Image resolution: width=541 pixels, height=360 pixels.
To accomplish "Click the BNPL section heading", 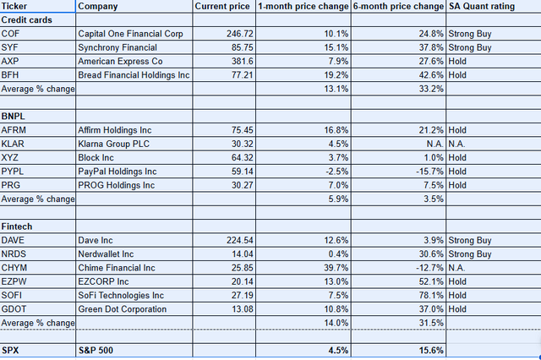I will [x=15, y=116].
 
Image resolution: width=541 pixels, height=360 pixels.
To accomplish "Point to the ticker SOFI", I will [x=12, y=294].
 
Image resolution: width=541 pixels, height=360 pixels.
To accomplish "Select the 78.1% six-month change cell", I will [x=430, y=294].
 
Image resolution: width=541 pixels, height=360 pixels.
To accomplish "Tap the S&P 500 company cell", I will [x=96, y=351].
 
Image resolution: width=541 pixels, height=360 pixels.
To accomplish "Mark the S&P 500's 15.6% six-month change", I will [x=429, y=351].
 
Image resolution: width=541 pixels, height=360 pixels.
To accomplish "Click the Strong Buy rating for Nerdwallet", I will [x=470, y=254].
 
